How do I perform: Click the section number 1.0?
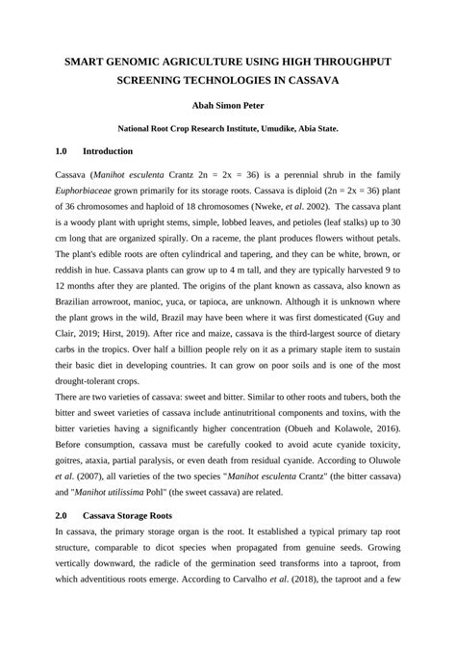pyautogui.click(x=63, y=151)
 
